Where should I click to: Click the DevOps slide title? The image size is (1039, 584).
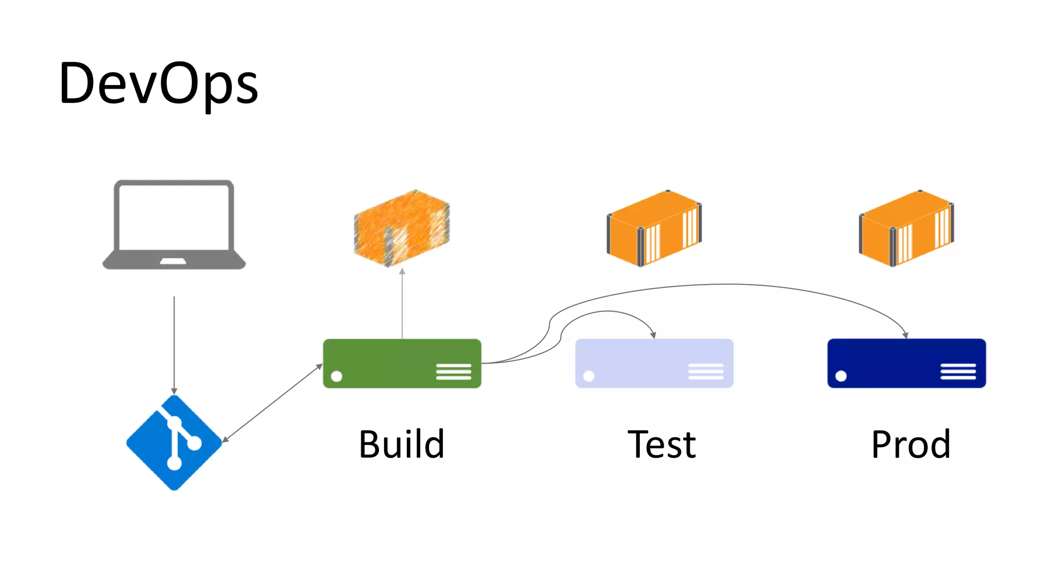(158, 84)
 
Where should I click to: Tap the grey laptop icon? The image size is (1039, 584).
(174, 224)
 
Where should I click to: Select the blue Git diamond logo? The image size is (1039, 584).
(174, 443)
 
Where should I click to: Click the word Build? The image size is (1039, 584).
(402, 445)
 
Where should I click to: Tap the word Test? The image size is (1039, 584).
(662, 445)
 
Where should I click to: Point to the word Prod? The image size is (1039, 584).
(911, 445)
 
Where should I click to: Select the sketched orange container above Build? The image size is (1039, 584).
(402, 228)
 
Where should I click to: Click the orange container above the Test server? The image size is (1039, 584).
(654, 228)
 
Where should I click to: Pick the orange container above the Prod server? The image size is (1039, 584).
(906, 228)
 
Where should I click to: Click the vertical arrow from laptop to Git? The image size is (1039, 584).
(174, 345)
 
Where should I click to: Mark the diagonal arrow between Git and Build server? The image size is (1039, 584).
(272, 403)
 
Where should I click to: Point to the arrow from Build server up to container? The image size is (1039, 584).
(402, 304)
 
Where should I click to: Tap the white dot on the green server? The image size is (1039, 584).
(336, 376)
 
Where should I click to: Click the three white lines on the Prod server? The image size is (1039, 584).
(958, 371)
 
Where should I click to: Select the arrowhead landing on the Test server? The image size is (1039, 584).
(653, 335)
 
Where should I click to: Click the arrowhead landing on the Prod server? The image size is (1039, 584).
(906, 335)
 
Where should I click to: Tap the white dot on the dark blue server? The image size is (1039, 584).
(841, 376)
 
